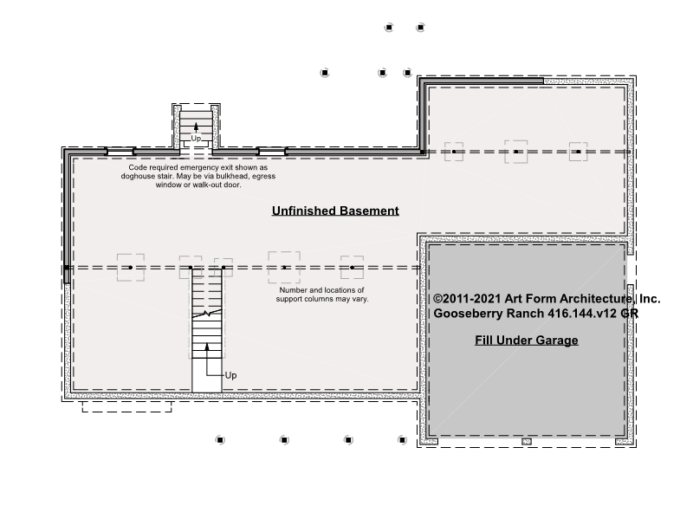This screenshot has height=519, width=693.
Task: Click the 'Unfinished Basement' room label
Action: pos(335,211)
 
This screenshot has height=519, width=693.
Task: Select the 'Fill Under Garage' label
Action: pos(527,340)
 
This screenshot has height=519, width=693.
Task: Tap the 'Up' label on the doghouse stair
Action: pos(196,139)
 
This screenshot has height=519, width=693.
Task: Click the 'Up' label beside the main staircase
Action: pos(230,375)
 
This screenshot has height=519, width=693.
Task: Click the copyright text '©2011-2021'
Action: pos(467,299)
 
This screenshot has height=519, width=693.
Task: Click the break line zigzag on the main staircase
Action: pos(207,314)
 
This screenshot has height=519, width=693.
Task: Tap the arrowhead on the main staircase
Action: pos(207,347)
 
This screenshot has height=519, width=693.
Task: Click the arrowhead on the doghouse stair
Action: pos(197,127)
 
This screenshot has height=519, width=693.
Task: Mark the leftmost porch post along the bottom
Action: pos(220,440)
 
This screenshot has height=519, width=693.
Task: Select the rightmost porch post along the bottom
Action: pos(402,440)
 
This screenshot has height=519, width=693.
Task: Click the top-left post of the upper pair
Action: pos(389,28)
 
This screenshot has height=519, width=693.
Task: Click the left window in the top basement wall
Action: pos(120,152)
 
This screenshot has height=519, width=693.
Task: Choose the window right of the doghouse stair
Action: pos(272,152)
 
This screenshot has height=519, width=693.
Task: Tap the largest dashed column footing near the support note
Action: pos(284,268)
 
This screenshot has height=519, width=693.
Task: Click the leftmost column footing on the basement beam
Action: pos(131,268)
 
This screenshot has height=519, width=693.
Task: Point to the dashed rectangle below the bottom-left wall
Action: pos(126,407)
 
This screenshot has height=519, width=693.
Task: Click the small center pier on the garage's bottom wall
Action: pos(527,441)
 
